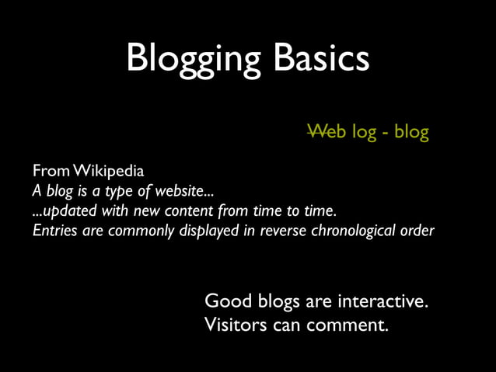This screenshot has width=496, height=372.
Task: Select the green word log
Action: pos(363,133)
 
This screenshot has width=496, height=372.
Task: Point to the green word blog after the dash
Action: pos(411,133)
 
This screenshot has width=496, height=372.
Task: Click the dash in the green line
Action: pos(385,134)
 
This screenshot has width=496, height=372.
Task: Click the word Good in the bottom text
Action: pos(225,301)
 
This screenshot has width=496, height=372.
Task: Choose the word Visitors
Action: pos(234,325)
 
